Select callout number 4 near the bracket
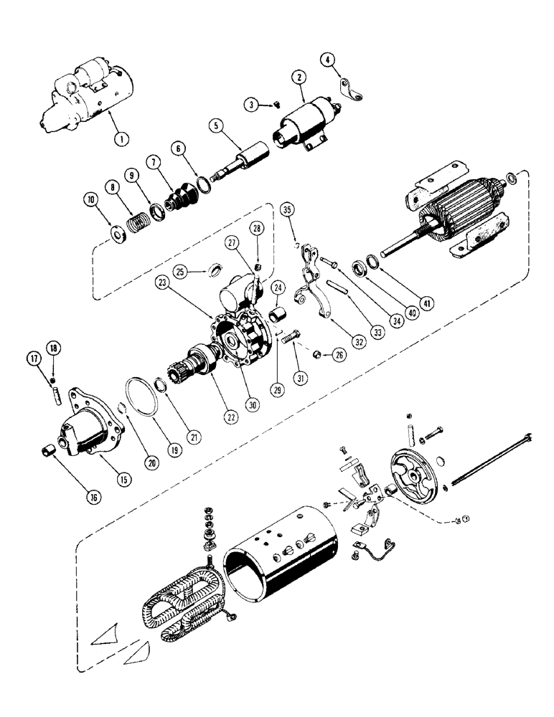(x=329, y=60)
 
